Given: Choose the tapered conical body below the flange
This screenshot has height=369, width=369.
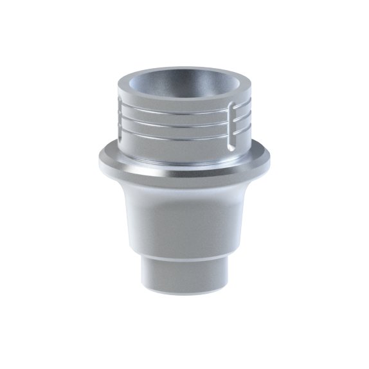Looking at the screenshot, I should click(x=184, y=219).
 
